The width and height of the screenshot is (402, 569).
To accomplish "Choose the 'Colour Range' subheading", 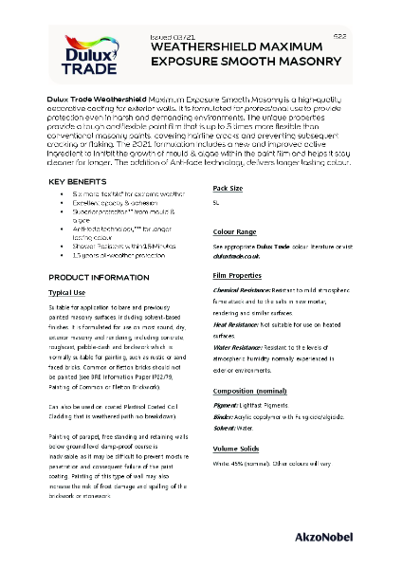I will tap(234, 230).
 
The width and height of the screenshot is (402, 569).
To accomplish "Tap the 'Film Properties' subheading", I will tap(237, 276).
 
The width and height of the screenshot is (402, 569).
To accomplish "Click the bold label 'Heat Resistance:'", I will tap(241, 324).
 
